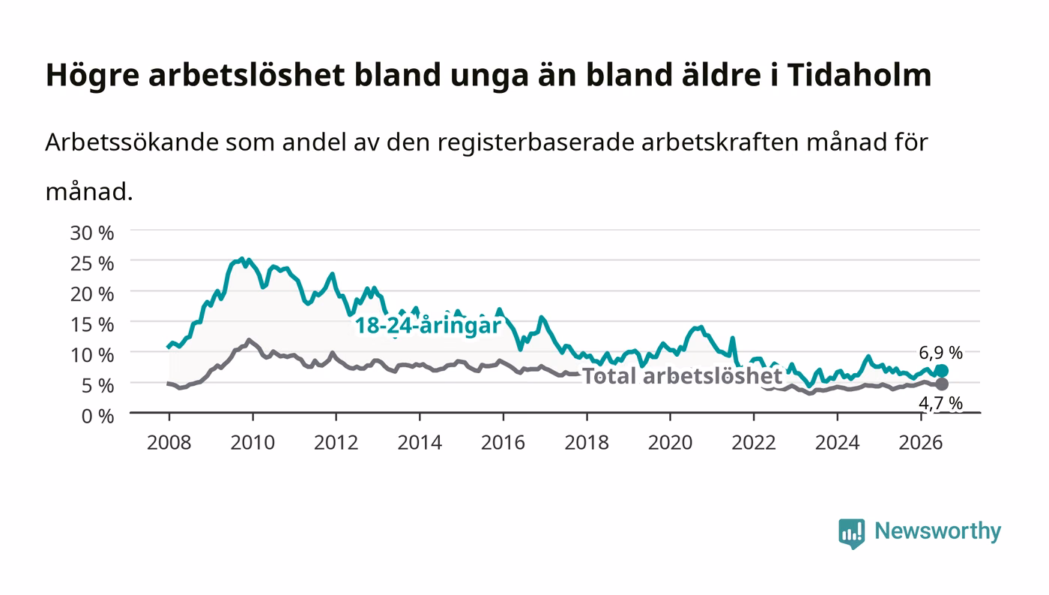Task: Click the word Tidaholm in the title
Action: tap(859, 75)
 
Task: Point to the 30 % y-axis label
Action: tap(92, 233)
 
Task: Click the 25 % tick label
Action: tap(92, 264)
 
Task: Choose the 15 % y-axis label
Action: tap(92, 324)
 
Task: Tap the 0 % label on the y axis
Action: tap(97, 416)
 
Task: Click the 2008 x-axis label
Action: tap(169, 442)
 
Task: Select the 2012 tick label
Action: tap(336, 442)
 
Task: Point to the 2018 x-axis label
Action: tap(587, 442)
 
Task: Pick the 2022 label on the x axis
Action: tap(754, 442)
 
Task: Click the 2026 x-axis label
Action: tap(921, 442)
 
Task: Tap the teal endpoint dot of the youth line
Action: tap(942, 371)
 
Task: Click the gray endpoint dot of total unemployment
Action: tap(942, 384)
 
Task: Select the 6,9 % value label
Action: tap(941, 353)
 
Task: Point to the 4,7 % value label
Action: tap(941, 403)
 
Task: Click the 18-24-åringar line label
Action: tap(428, 326)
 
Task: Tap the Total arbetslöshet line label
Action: tap(683, 375)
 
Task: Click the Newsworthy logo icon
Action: tap(852, 533)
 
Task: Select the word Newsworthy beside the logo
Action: tap(938, 531)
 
